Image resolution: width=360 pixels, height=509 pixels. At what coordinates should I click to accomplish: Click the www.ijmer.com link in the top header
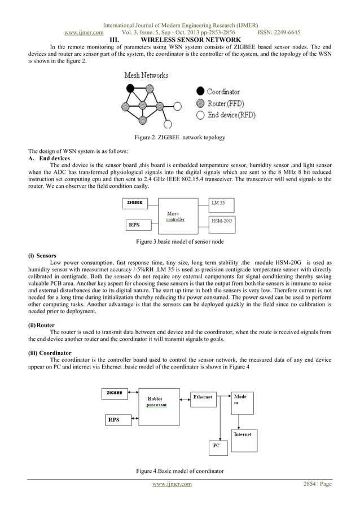coord(84,33)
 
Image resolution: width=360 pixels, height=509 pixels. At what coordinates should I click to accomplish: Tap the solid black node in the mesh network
coord(131,88)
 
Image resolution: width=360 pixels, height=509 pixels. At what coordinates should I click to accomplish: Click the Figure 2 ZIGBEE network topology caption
coord(179,138)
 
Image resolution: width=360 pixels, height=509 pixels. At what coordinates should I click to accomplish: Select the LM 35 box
coord(221,204)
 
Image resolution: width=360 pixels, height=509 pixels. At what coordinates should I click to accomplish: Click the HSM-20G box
coord(221,221)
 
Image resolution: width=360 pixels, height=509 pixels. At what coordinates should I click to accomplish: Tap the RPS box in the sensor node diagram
coord(135,225)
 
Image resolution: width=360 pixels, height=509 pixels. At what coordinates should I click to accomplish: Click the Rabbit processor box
coord(157,404)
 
